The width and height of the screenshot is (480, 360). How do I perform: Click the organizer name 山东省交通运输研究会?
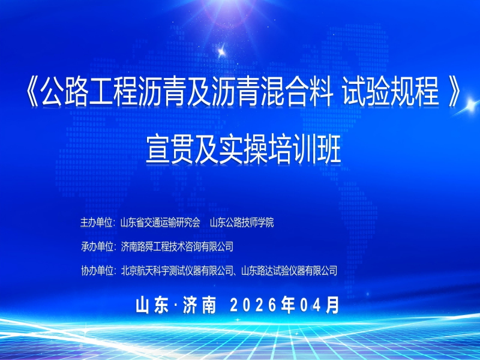[x=160, y=223]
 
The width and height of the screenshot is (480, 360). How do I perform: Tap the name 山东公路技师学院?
[x=241, y=223]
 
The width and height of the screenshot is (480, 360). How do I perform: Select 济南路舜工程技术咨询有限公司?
[x=176, y=247]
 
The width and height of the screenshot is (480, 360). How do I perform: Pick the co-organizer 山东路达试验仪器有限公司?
[x=289, y=271]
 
